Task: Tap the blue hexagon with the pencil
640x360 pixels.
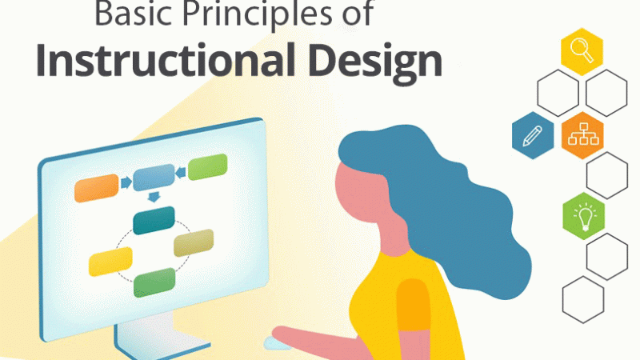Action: pos(532,135)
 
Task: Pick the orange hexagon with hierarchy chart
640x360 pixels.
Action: pos(582,135)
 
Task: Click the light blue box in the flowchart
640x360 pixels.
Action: pos(154,178)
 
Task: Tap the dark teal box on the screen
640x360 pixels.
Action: pos(154,220)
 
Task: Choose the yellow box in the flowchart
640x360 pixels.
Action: pos(110,260)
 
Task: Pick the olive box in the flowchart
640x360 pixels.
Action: pos(194,242)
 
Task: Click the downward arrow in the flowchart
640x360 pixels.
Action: pos(154,197)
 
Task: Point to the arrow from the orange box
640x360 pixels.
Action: pos(126,182)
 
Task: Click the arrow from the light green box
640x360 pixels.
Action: pos(182,170)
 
